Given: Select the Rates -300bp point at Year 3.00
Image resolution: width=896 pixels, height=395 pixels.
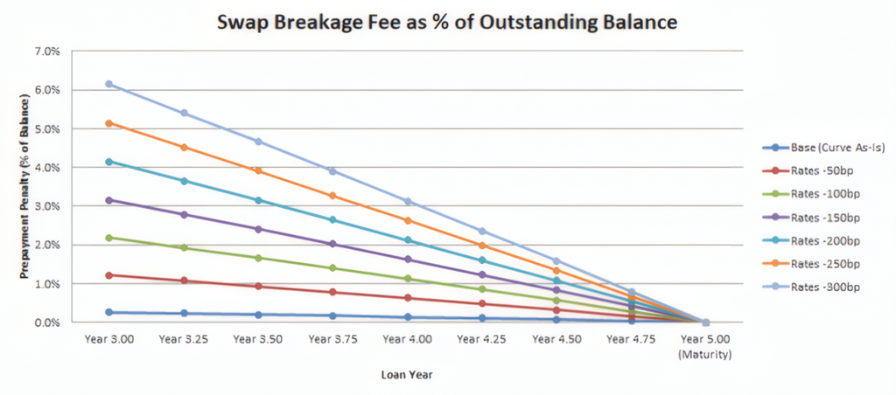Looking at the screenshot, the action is [x=108, y=84].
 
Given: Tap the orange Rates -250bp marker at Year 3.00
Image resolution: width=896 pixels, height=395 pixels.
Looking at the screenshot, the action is [x=108, y=122].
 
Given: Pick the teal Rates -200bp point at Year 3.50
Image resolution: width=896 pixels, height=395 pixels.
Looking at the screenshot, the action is [x=258, y=200].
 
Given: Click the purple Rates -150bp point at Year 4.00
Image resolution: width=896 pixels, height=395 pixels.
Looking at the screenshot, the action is [x=408, y=260].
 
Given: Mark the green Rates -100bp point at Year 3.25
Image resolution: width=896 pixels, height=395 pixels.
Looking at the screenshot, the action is [x=184, y=247].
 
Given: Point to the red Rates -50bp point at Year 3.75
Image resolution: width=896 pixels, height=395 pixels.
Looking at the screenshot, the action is [x=333, y=292].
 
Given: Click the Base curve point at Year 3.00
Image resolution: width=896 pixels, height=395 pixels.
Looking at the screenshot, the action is [x=108, y=312].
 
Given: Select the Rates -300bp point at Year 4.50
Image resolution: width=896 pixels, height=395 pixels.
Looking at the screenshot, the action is [x=556, y=261].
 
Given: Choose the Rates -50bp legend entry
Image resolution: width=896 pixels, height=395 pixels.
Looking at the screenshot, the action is [x=804, y=170].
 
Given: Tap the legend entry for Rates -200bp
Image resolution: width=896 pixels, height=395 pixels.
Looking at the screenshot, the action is [x=807, y=240].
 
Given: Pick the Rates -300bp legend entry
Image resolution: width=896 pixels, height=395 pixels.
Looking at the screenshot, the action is [x=807, y=288].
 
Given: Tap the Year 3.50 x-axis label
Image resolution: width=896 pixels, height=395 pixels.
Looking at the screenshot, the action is [x=258, y=339].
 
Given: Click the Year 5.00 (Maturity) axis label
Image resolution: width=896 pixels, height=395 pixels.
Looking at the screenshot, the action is [x=705, y=346].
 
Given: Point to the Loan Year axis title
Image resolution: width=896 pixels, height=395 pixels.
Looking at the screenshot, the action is [x=407, y=375].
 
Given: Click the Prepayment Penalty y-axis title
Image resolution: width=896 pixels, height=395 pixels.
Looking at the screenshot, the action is [x=24, y=187].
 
